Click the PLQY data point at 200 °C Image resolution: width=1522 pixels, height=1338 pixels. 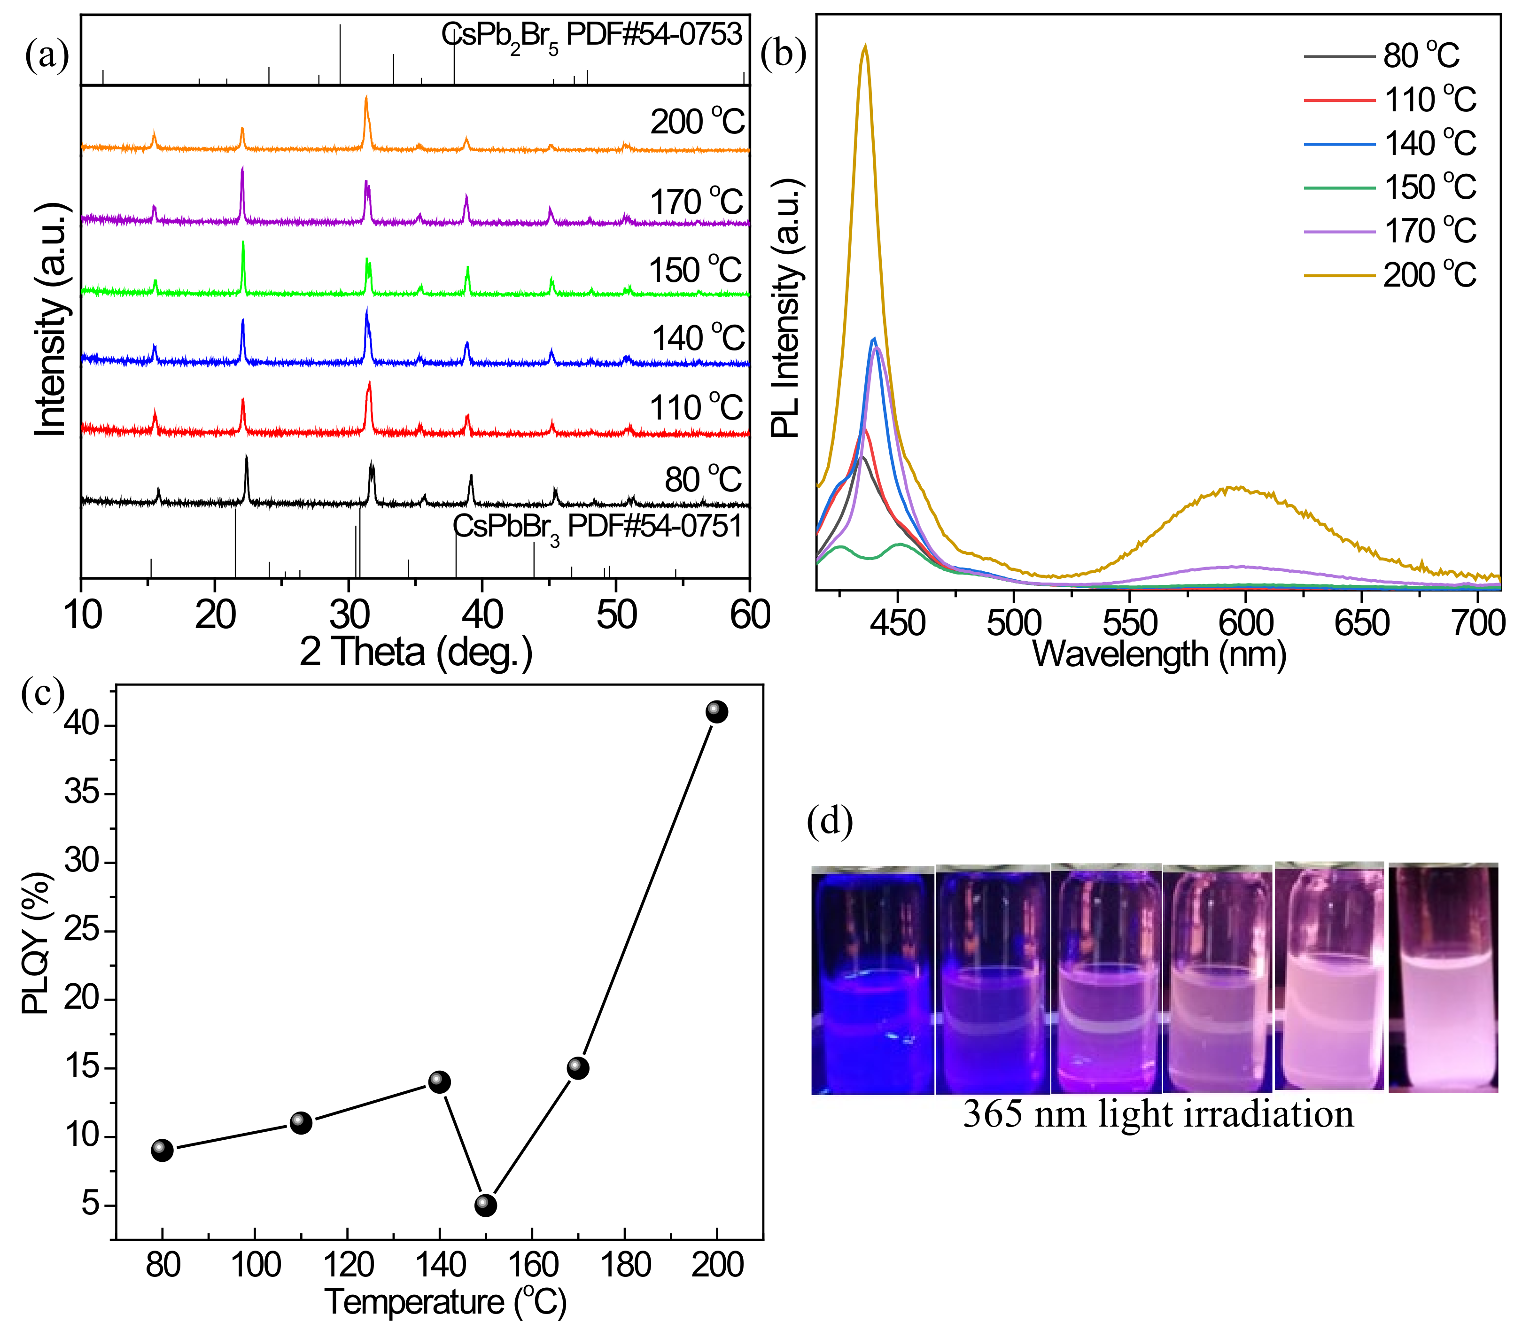[x=716, y=712]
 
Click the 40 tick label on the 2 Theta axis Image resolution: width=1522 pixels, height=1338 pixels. [x=482, y=615]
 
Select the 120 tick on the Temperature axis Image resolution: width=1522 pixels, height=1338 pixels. [x=348, y=1265]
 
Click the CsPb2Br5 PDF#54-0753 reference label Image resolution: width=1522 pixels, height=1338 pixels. [x=591, y=36]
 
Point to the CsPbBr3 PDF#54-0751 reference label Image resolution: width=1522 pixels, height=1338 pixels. [x=597, y=527]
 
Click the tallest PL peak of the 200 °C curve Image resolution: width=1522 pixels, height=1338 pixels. [x=864, y=46]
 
